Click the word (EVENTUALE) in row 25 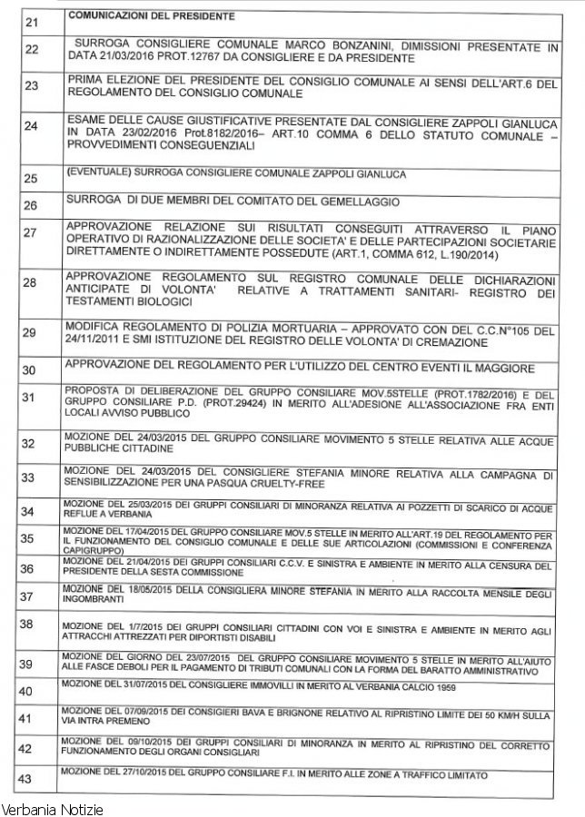[101, 172]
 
